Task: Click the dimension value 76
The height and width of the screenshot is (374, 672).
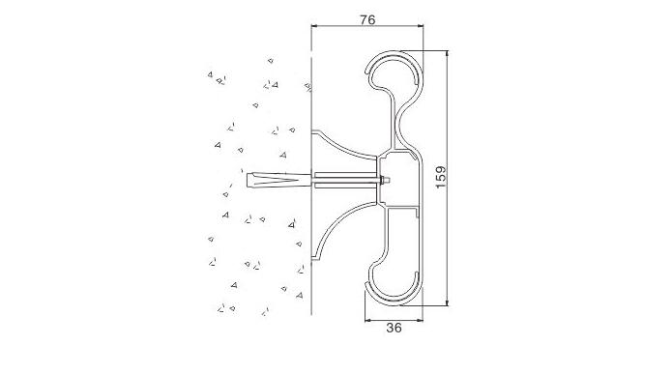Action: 367,19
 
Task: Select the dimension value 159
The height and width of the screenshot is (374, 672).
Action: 440,177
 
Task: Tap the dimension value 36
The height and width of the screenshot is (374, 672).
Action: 394,328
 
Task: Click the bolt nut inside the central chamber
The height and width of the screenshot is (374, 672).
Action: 384,181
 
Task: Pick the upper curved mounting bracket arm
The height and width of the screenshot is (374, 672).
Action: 343,144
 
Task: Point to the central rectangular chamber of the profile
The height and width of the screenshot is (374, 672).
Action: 399,179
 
